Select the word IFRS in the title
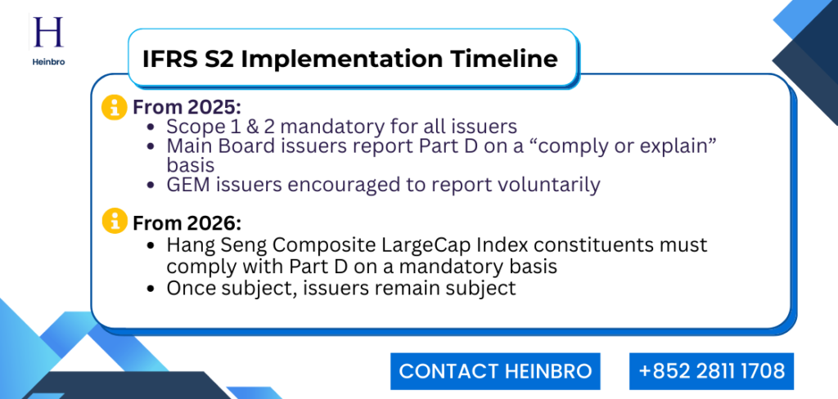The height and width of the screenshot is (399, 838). [172, 59]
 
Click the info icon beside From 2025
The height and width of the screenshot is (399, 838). [113, 108]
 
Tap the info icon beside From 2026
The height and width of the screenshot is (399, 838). [113, 221]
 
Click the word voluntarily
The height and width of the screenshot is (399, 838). [547, 185]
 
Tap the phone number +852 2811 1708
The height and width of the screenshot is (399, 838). [711, 371]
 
